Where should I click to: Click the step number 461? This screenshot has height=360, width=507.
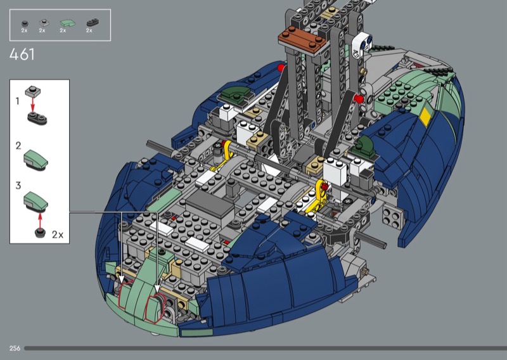point(22,55)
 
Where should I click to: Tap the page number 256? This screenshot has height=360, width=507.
point(15,349)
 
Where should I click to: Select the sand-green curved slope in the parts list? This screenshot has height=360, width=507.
point(68,23)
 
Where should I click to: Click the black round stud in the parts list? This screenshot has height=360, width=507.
point(25,23)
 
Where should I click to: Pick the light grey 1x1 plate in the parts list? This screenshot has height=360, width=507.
point(44,23)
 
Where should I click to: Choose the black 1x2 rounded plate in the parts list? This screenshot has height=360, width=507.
point(93,22)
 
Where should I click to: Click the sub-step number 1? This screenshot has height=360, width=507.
point(18,101)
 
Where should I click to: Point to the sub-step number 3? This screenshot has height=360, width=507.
point(18,185)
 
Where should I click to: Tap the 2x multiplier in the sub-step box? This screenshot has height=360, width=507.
point(58,235)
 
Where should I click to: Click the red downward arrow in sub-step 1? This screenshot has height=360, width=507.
point(32,104)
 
